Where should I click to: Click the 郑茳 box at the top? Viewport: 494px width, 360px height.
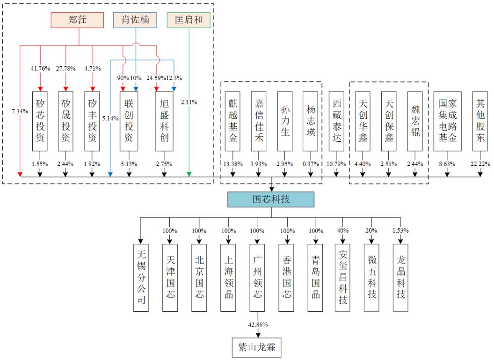77,20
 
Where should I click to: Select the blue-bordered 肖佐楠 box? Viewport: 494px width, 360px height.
135,20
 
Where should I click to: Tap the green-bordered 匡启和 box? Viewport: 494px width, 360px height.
189,20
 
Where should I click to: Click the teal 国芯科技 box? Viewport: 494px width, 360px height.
271,199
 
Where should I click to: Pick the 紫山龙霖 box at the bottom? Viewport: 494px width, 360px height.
257,347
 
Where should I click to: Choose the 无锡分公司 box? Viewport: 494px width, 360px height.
141,278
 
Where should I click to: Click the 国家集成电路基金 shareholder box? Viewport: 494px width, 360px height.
447,121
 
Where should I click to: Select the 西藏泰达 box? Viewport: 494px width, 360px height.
336,121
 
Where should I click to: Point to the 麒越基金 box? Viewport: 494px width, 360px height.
232,121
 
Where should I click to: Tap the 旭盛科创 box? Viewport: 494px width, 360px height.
164,121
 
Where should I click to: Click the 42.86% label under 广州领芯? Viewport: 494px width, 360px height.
258,324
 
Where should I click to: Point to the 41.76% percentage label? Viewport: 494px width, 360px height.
40,68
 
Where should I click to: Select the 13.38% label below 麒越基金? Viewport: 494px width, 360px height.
233,164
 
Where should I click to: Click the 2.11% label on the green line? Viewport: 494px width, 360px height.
189,102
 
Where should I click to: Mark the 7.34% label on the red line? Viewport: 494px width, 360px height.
20,111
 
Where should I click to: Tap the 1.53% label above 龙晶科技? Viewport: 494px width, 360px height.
400,230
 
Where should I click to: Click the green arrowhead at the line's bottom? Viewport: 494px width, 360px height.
189,174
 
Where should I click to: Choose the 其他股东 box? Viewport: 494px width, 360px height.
480,121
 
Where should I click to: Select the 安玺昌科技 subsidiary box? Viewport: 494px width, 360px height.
342,278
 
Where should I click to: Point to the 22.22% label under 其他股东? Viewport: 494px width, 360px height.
480,164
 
